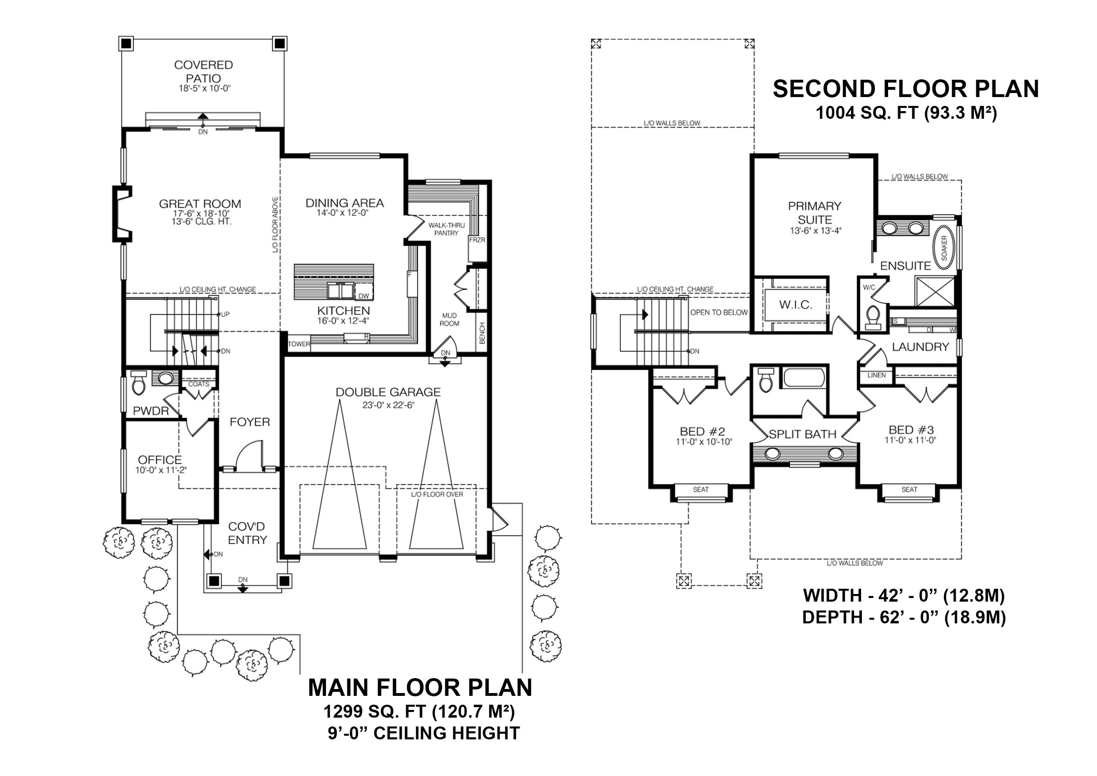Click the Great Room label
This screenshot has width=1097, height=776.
click(200, 204)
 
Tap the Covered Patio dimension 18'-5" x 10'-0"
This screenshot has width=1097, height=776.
click(205, 89)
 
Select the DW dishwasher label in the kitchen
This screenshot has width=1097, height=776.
click(364, 296)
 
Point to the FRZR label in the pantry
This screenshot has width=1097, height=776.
click(477, 240)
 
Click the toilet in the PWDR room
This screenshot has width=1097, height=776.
click(138, 383)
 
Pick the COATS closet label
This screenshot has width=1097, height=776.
click(198, 384)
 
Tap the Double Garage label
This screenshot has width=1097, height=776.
click(388, 392)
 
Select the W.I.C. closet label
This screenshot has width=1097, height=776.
click(795, 305)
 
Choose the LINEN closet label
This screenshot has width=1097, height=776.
click(876, 375)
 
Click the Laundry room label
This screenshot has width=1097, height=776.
click(920, 347)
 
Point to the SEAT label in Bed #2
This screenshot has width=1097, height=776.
click(700, 490)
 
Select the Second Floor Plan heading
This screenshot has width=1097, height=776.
click(905, 89)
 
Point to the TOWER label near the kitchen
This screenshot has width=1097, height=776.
click(299, 344)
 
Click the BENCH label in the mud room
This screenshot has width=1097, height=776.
click(482, 333)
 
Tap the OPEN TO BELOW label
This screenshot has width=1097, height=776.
click(719, 312)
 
